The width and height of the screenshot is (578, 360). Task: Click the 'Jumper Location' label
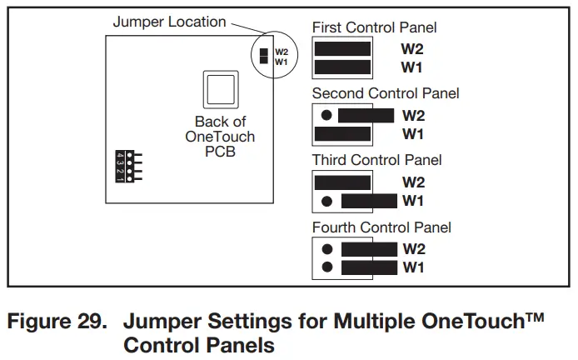point(169,22)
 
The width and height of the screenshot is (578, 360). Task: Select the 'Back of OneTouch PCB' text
point(220,137)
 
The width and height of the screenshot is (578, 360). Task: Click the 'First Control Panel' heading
point(374,28)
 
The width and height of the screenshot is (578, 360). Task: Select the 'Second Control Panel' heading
point(386,93)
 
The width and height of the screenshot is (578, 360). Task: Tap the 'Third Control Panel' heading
point(376,159)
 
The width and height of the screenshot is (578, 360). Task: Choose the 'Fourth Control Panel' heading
point(381,227)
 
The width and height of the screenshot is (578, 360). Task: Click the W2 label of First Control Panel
point(413,49)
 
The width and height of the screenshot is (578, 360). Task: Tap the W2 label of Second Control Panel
point(414,115)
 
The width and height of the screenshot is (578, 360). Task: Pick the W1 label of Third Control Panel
point(413,201)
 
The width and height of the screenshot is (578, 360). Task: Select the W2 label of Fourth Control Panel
point(414,248)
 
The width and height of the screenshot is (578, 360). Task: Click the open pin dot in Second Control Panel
point(327,115)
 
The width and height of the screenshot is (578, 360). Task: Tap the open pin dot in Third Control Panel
point(327,201)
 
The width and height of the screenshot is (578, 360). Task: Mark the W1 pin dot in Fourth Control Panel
point(327,267)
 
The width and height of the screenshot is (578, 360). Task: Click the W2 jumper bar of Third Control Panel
point(343,182)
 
